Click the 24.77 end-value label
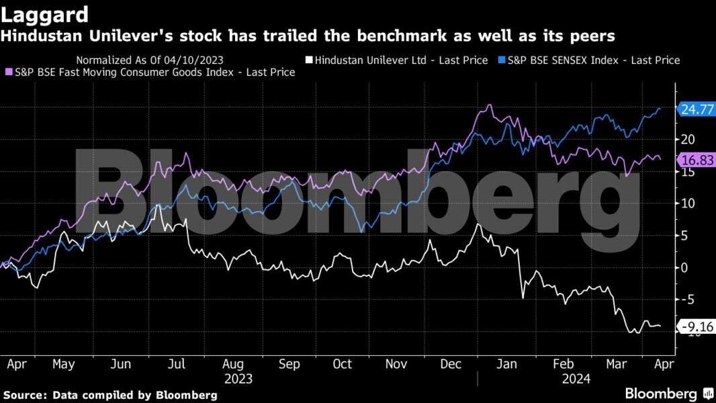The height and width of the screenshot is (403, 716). [697, 109]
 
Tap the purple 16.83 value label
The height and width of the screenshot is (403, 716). [697, 159]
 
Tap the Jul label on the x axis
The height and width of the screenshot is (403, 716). [176, 363]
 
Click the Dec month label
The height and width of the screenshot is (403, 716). [451, 363]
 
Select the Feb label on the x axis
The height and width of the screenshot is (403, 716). [563, 363]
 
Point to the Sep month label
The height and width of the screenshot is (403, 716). [289, 363]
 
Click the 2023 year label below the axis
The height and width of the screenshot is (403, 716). [238, 379]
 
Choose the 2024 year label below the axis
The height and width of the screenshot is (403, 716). [576, 379]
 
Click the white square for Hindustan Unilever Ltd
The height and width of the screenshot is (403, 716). [309, 60]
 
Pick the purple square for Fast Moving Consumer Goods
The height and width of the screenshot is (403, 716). [9, 72]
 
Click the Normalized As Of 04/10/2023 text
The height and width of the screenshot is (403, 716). [150, 60]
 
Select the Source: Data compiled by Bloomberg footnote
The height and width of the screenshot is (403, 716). [110, 394]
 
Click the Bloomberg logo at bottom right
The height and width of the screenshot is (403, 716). [669, 394]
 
